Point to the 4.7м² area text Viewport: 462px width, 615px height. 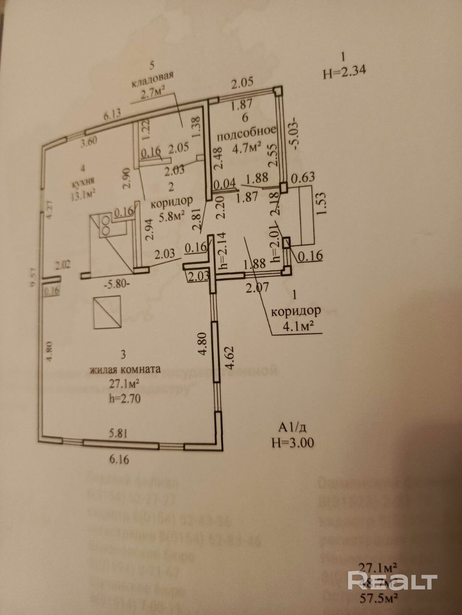click(247, 147)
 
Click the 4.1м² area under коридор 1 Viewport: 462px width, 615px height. click(295, 326)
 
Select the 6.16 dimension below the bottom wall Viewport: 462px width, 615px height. click(120, 459)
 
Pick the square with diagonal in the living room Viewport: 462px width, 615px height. click(107, 313)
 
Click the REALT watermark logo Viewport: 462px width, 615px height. click(392, 581)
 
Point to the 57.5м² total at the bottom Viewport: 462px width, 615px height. click(382, 598)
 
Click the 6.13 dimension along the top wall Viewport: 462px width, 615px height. click(112, 115)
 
